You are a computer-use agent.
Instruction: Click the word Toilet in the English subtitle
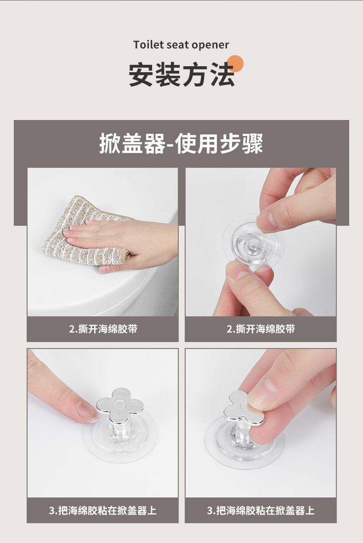(x=148, y=45)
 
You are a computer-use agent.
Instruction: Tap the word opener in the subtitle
(x=210, y=46)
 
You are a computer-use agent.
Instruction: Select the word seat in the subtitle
(x=177, y=45)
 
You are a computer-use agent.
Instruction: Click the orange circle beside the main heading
(x=235, y=64)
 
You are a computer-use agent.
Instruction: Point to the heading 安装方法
(x=181, y=75)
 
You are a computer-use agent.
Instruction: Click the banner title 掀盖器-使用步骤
(x=181, y=143)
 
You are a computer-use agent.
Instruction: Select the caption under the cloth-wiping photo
(x=103, y=329)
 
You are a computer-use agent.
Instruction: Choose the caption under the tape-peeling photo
(x=261, y=329)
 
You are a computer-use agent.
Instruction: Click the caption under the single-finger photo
(x=103, y=510)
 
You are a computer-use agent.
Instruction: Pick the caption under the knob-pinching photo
(x=261, y=510)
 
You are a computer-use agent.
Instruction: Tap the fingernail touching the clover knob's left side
(x=86, y=412)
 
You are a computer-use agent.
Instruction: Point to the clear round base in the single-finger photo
(x=120, y=440)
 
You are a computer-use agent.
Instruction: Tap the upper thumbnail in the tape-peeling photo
(x=265, y=221)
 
